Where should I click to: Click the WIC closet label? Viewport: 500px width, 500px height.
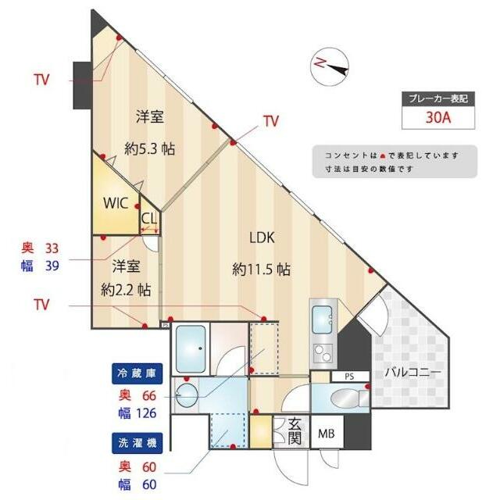116,203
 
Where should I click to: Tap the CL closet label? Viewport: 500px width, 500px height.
149,219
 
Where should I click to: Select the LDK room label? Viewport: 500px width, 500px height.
262,237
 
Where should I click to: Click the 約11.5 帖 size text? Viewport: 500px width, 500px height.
261,270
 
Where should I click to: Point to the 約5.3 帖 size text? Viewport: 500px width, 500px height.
149,148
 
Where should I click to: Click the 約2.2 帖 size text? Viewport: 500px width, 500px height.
126,290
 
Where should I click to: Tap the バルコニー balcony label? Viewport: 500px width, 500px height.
413,372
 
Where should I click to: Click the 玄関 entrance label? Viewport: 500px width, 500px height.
295,431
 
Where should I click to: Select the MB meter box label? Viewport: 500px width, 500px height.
327,434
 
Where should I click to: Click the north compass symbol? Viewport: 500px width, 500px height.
330,66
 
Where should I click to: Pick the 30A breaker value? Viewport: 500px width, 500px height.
438,118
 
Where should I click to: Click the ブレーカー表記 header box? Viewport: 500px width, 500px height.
438,99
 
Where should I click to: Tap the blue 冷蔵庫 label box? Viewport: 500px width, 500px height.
137,373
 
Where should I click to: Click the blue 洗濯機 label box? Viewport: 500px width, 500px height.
137,443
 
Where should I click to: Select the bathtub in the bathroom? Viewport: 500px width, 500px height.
191,349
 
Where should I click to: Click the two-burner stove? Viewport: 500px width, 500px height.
323,353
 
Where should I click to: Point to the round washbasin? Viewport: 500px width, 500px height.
187,395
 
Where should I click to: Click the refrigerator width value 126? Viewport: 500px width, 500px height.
146,413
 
